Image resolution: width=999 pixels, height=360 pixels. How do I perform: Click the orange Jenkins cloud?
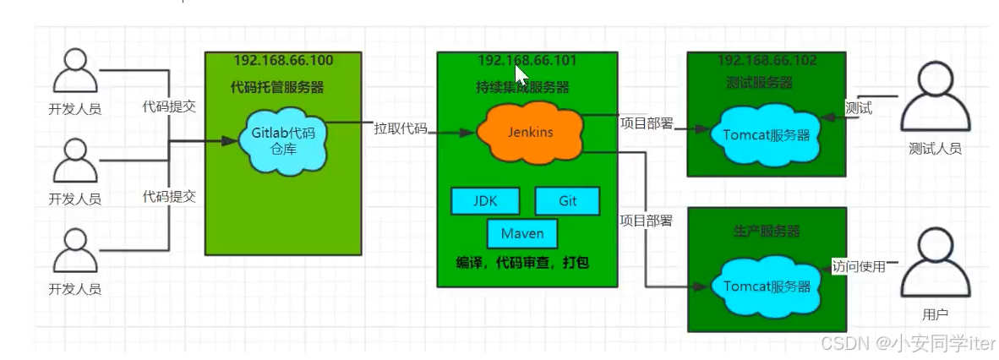530,133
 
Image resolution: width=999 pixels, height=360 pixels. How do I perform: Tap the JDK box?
484,201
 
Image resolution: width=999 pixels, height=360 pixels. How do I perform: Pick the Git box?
567,201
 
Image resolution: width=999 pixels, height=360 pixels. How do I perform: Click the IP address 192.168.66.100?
283,61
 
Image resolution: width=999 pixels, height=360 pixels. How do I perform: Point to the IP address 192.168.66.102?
767,61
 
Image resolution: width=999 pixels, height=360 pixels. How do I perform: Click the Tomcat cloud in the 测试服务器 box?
766,135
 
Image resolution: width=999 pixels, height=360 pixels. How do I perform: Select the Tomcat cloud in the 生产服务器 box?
767,286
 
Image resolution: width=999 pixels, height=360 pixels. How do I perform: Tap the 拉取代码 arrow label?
401,129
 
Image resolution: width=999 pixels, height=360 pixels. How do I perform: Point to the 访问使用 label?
859,266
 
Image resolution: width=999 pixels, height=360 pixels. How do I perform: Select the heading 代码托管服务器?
277,87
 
